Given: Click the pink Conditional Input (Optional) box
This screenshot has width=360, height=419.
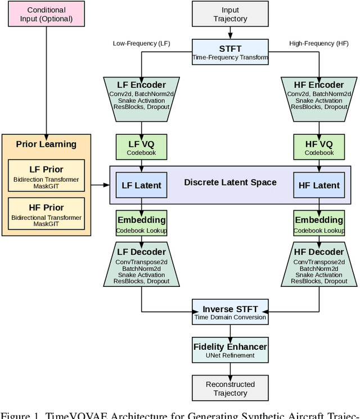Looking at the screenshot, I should [46, 14].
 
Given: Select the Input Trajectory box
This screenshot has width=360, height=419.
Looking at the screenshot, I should [230, 14].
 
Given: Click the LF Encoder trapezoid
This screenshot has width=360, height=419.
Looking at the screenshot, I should [141, 97].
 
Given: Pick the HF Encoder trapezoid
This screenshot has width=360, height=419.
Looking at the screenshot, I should [319, 97].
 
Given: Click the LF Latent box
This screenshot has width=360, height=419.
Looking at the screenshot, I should [141, 185].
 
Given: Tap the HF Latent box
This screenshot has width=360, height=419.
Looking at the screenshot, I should [319, 185].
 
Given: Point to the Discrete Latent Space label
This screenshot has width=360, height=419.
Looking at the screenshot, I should [230, 182].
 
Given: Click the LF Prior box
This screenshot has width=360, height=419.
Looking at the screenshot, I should [46, 174].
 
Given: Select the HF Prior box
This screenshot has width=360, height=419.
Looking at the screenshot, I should [46, 212].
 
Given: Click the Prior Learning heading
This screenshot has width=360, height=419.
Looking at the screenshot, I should [46, 144].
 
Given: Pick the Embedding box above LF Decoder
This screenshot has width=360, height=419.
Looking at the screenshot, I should [141, 223].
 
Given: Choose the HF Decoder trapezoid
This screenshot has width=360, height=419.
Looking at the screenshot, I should [319, 265].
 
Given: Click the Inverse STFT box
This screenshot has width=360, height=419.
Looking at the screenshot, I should [230, 313].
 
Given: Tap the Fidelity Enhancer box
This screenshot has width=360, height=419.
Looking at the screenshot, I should [230, 350].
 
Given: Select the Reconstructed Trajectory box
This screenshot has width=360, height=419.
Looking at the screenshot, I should [230, 388].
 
